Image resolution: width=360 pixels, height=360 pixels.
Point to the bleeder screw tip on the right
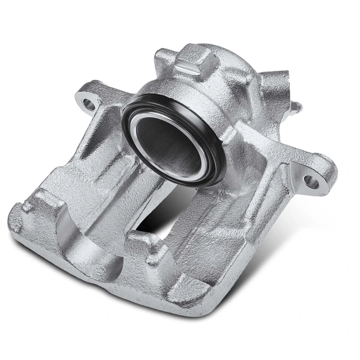[x=298, y=109]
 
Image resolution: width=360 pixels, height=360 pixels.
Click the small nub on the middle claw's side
[x=157, y=243]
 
